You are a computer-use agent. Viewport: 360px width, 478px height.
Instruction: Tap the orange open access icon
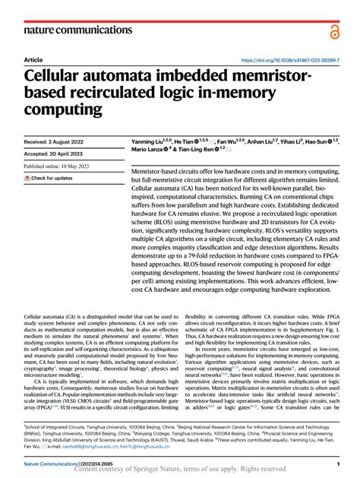tap(335, 29)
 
